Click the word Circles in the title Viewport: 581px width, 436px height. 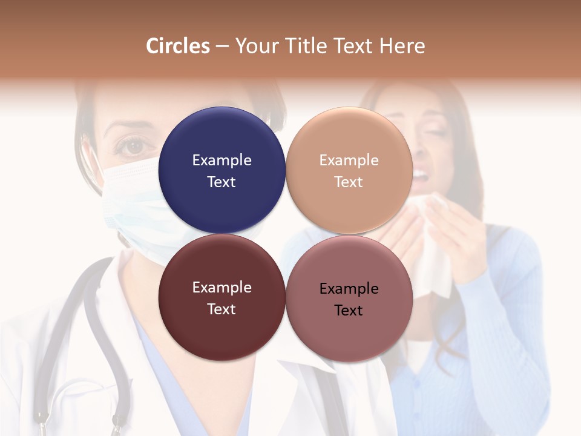point(178,46)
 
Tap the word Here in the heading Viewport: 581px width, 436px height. point(402,46)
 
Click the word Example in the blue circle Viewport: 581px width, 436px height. point(222,160)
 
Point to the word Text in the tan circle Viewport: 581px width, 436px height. point(349,182)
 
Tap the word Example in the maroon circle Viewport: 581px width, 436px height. point(222,287)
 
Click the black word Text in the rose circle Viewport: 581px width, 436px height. point(349,311)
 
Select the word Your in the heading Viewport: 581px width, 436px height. point(255,46)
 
